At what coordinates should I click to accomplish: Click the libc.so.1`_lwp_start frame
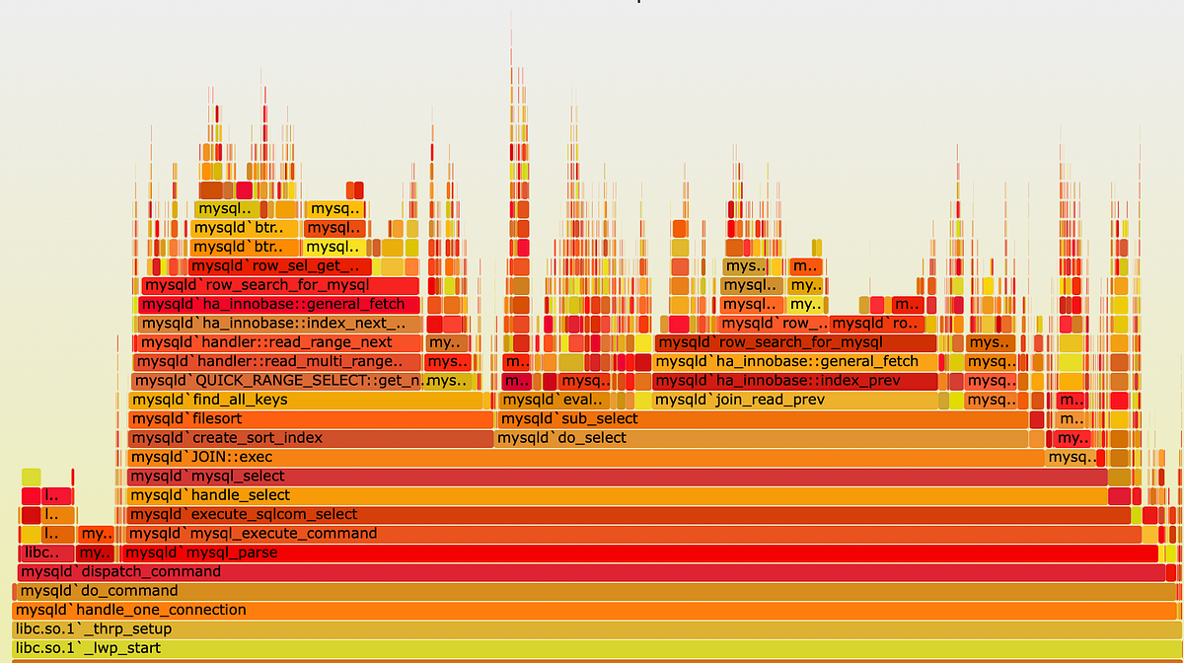point(592,648)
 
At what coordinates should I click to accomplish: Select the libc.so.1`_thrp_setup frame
point(592,629)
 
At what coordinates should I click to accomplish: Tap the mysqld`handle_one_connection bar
point(592,610)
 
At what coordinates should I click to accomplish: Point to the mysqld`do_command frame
point(592,591)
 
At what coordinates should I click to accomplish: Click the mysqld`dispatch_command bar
point(592,572)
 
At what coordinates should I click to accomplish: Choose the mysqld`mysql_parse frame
point(641,552)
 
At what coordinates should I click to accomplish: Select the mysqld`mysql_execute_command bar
point(631,534)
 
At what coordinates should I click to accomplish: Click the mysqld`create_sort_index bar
point(311,438)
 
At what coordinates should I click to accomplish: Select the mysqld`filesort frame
point(311,419)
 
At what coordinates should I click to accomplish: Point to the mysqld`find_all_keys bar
point(311,401)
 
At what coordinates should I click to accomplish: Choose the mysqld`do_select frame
point(770,438)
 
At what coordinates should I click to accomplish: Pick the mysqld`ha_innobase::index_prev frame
point(794,381)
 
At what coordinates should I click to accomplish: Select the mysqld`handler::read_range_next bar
point(277,342)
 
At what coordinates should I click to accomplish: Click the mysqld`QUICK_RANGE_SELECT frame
point(277,381)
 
